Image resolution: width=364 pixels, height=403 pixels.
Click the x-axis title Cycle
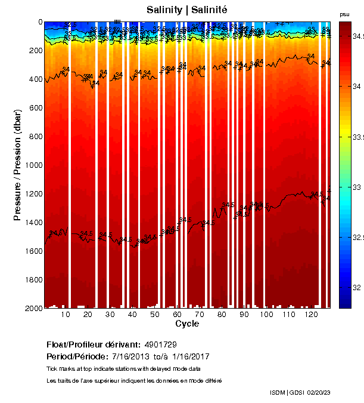187,324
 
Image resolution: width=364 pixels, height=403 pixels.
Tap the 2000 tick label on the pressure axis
30,308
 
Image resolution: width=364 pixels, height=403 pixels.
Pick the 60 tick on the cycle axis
177,314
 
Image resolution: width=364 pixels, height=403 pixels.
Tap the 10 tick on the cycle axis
66,314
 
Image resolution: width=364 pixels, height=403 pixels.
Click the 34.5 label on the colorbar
358,36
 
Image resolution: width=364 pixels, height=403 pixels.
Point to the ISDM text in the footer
278,392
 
